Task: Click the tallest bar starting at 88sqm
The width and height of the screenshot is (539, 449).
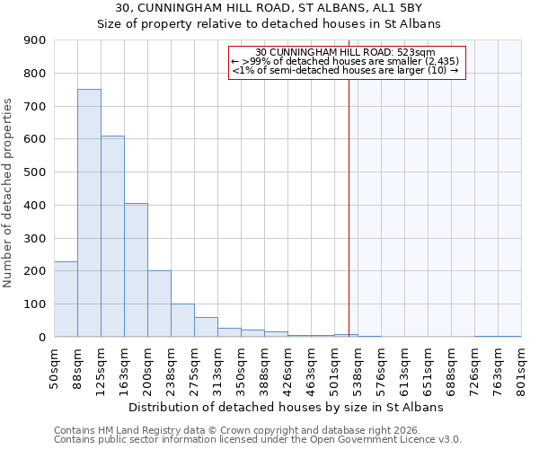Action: click(x=89, y=213)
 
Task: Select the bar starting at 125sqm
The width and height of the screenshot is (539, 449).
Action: click(x=112, y=236)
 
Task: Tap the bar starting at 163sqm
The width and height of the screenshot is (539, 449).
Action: click(x=136, y=269)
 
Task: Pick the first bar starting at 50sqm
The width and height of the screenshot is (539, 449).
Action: click(x=66, y=299)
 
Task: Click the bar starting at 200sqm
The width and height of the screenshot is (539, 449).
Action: click(x=159, y=304)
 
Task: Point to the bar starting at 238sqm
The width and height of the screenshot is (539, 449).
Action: click(x=182, y=320)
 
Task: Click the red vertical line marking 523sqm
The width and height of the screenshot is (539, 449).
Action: click(x=349, y=198)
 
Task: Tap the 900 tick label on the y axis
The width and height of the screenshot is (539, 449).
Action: click(x=35, y=40)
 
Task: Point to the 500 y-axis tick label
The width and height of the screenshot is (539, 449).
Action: click(x=35, y=172)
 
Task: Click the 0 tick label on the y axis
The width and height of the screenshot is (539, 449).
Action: click(x=41, y=337)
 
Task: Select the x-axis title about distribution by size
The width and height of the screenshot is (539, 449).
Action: click(x=287, y=407)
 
